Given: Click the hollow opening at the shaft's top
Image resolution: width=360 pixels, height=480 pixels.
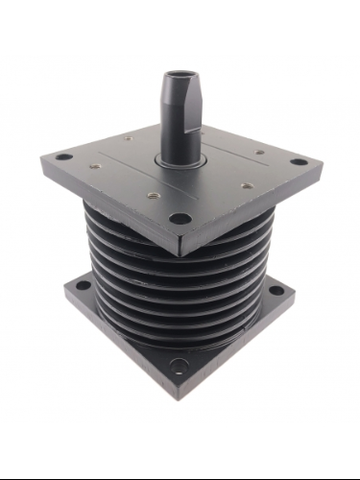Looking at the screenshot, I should pyautogui.click(x=180, y=74).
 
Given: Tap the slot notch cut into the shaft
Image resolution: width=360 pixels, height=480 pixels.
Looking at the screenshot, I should pyautogui.click(x=195, y=125).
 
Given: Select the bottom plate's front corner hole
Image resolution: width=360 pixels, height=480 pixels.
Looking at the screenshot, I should pyautogui.click(x=180, y=364).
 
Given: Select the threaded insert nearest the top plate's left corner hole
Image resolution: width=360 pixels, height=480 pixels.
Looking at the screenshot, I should pyautogui.click(x=95, y=165).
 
